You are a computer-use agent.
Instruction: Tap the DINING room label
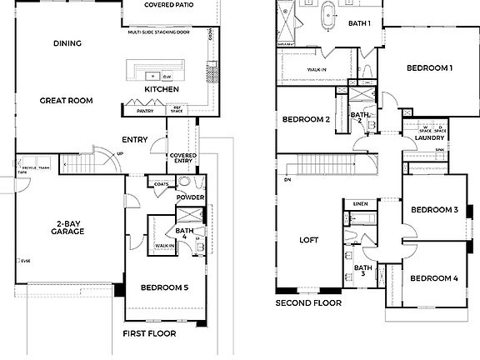tap(67, 44)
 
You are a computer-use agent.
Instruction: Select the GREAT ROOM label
tap(66, 100)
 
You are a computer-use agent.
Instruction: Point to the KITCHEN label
tap(160, 89)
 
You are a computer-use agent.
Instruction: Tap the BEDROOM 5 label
tap(164, 287)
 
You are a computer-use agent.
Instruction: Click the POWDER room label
tap(190, 197)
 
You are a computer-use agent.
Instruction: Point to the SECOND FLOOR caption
tap(308, 304)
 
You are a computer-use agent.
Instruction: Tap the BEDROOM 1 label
tap(430, 67)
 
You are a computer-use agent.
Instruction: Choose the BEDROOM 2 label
tap(306, 119)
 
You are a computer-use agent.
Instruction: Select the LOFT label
tap(309, 240)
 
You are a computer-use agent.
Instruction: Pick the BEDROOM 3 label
tap(433, 209)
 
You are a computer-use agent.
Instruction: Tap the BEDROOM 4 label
tap(434, 277)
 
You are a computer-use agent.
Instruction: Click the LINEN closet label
tap(361, 203)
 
